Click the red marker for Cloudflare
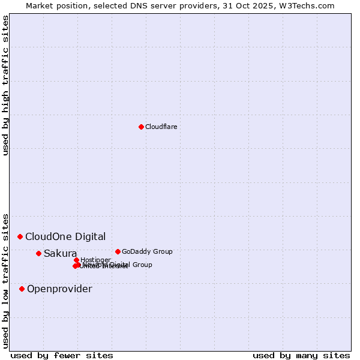point(141,127)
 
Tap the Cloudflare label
point(161,127)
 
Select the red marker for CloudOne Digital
point(20,236)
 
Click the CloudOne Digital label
point(65,236)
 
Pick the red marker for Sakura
point(38,253)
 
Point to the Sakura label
point(60,253)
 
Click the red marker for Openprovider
point(22,289)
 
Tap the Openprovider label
point(59,289)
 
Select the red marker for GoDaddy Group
point(118,251)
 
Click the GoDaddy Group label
point(147,251)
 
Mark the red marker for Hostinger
point(76,260)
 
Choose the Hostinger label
point(96,260)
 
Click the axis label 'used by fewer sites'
point(62,355)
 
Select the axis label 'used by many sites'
point(301,355)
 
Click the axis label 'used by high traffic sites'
point(5,85)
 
